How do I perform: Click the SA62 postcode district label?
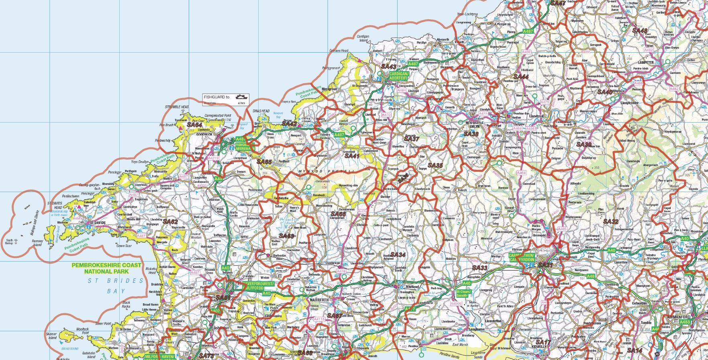pos(170,221)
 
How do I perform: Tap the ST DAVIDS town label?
pos(97,222)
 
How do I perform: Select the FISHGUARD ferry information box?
pos(225,99)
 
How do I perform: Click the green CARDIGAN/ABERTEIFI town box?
pos(398,76)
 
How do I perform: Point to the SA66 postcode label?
pos(338,214)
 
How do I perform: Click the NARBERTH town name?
pos(319,300)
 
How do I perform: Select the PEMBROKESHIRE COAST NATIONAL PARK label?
pos(106,268)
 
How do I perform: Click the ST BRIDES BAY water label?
pos(115,285)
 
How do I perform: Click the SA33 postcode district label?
pos(479,268)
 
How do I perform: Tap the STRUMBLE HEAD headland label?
pos(177,107)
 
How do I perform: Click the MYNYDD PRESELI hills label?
pos(327,172)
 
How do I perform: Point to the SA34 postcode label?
pos(398,255)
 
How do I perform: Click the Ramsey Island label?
pos(37,243)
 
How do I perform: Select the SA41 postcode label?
pos(352,156)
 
